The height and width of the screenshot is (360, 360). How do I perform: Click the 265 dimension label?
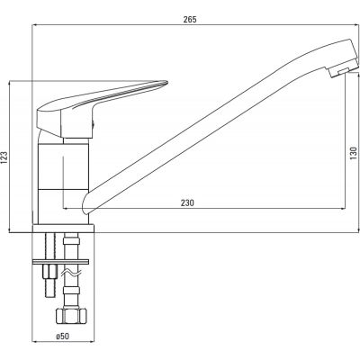(190, 20)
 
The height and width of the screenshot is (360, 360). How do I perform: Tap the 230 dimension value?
(187, 202)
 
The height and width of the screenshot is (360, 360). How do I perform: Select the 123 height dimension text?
(4, 157)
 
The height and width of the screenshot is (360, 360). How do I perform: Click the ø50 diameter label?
(62, 337)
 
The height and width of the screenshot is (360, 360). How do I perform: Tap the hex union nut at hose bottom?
(71, 315)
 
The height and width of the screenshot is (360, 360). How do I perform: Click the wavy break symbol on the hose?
(71, 273)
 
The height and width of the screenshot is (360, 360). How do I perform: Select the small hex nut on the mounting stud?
(49, 272)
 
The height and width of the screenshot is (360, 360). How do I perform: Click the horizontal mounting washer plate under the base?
(61, 262)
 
